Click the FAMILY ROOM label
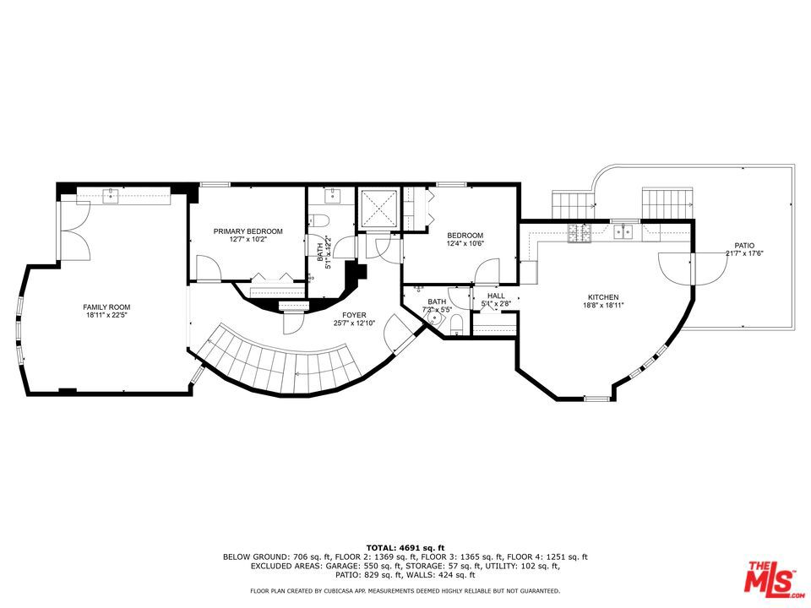tap(106, 307)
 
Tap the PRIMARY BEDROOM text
tap(248, 231)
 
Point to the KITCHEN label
tap(603, 297)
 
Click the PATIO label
tap(744, 243)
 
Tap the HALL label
tap(496, 296)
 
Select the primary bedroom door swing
tap(207, 269)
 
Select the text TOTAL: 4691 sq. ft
tap(405, 548)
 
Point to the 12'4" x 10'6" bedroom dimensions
tap(465, 244)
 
